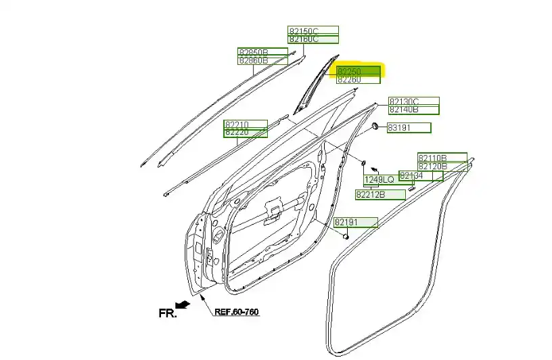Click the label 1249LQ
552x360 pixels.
click(x=379, y=180)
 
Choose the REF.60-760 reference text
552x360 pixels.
click(x=237, y=313)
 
